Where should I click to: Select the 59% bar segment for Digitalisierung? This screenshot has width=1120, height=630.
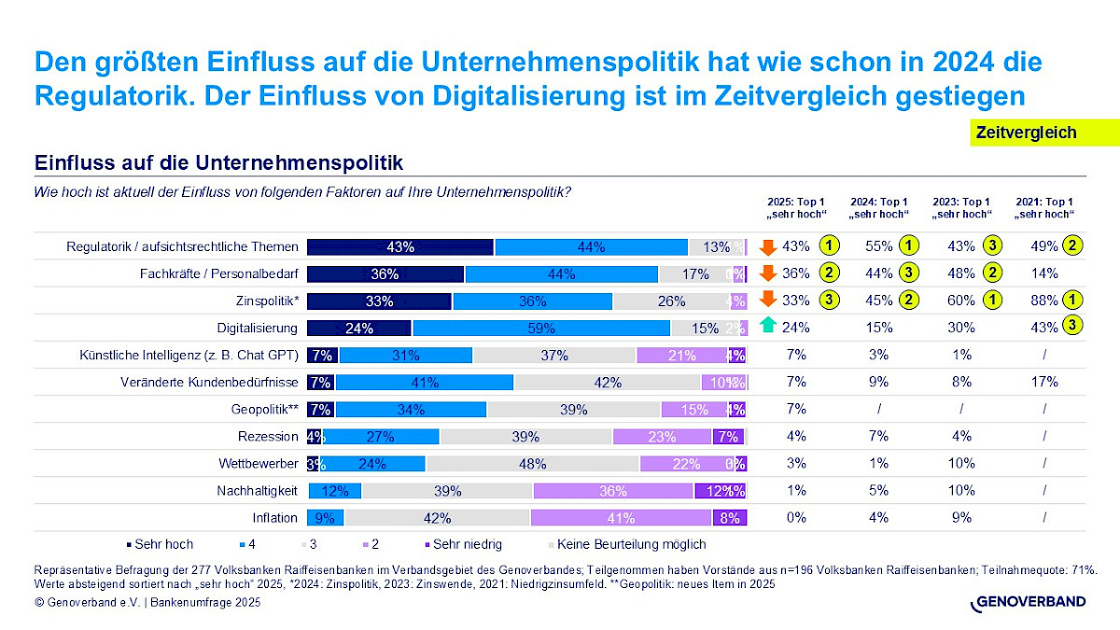pyautogui.click(x=541, y=328)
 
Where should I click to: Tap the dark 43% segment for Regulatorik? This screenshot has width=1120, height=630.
pyautogui.click(x=400, y=247)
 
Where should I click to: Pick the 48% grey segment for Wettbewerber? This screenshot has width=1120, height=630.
pyautogui.click(x=532, y=464)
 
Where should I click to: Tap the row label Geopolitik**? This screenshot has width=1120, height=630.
pyautogui.click(x=264, y=410)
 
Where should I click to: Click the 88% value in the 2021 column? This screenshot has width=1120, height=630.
pyautogui.click(x=1044, y=301)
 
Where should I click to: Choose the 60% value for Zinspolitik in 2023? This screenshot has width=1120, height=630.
pyautogui.click(x=961, y=301)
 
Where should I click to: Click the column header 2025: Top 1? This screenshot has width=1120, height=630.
pyautogui.click(x=795, y=207)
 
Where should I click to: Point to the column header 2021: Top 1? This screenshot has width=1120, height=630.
pyautogui.click(x=1043, y=207)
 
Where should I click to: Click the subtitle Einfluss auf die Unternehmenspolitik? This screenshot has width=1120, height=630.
pyautogui.click(x=218, y=163)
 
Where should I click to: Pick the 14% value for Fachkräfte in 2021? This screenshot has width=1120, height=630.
pyautogui.click(x=1044, y=273)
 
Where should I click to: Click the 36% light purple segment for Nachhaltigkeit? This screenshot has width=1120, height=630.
pyautogui.click(x=613, y=491)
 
